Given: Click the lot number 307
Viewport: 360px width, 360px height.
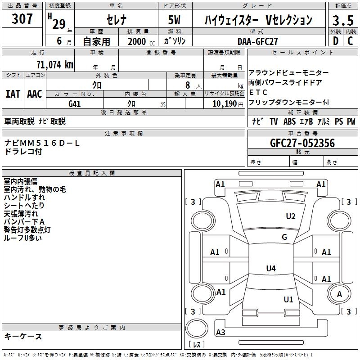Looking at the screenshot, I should pos(22,19).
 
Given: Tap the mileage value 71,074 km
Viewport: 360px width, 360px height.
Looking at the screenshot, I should pos(54,64).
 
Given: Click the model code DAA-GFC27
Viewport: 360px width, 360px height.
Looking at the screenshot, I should pos(258,41).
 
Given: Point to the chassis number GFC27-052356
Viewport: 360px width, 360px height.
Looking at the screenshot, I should pos(302,143).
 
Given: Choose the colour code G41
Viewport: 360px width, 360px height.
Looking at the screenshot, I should pos(75,103).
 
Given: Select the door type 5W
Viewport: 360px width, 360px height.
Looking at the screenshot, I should pos(175,20).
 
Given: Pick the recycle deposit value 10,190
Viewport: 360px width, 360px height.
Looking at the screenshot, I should pos(221,103).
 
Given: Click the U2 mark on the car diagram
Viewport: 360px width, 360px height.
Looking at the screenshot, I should pos(291,216).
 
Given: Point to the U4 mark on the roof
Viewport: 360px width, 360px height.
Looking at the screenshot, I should pos(270,269).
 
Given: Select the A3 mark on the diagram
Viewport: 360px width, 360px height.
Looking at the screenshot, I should pos(220,333).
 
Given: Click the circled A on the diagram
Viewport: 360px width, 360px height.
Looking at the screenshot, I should pos(339,294).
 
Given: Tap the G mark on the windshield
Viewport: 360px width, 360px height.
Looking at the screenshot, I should pos(284,237).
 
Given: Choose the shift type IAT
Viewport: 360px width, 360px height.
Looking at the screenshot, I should pos(13,94).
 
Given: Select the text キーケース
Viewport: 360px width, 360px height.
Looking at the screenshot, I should pos(23,336).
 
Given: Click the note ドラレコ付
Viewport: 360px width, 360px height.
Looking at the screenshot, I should pos(23,152).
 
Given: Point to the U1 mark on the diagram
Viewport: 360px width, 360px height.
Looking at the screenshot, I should pos(288,299).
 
